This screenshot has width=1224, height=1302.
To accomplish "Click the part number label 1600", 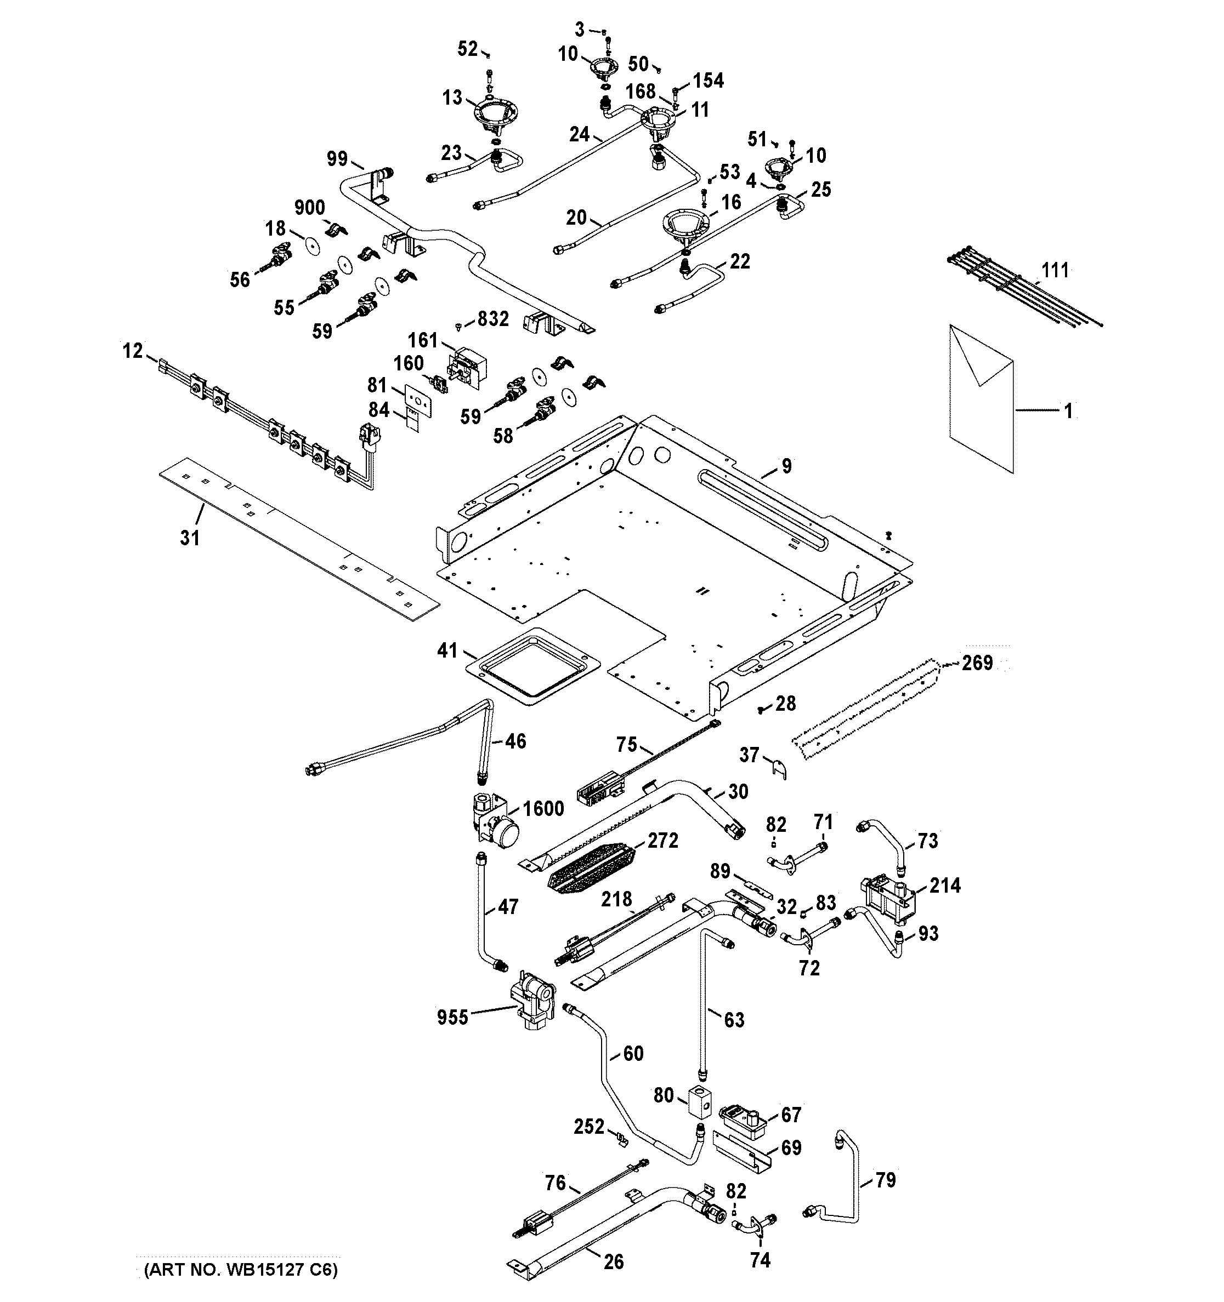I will click(x=543, y=809).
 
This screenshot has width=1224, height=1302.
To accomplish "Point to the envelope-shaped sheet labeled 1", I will click(x=981, y=399).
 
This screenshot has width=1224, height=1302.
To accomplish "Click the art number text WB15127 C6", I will click(x=241, y=1271).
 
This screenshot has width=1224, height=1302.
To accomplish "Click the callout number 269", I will click(x=977, y=663).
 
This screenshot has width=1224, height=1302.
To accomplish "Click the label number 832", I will click(x=493, y=319).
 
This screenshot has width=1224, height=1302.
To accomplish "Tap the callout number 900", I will click(x=309, y=208).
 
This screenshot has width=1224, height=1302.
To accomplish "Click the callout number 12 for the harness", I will click(x=132, y=351).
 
